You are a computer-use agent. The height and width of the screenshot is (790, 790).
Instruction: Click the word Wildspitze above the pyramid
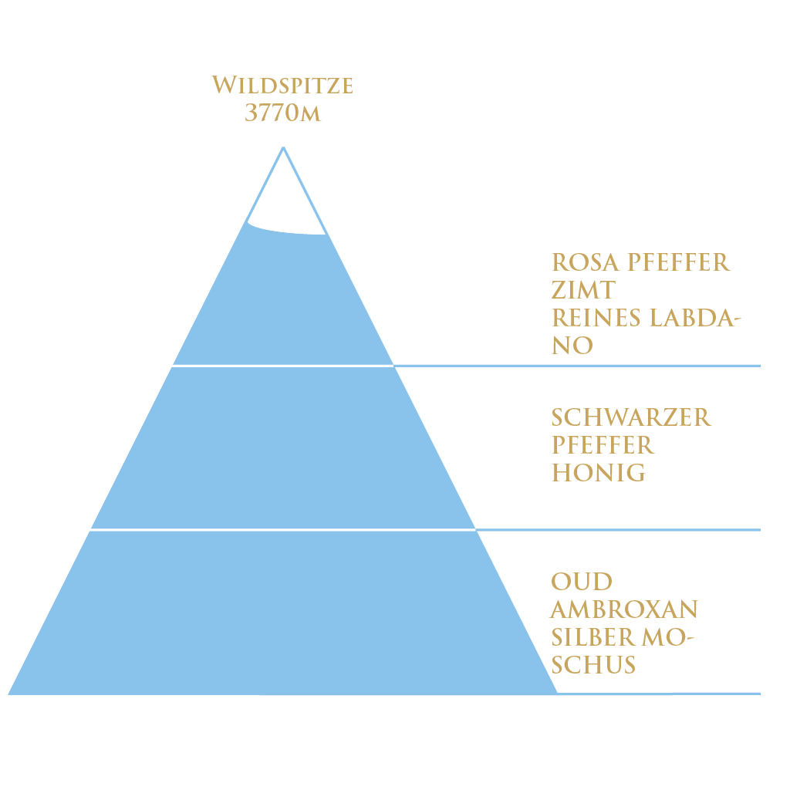[282, 85]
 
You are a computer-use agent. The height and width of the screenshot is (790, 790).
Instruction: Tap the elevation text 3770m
[282, 113]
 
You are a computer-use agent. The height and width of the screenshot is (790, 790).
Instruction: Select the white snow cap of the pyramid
[283, 201]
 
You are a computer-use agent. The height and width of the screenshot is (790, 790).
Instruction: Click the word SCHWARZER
[631, 417]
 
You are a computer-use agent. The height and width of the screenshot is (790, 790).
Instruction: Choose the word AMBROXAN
[624, 609]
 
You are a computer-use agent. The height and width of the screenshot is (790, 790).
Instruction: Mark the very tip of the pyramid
[283, 148]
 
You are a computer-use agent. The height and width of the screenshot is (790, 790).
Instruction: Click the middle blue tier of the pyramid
[283, 447]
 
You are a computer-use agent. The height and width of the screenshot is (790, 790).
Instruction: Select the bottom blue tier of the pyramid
[283, 613]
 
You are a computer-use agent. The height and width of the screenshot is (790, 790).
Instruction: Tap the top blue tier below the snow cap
[283, 301]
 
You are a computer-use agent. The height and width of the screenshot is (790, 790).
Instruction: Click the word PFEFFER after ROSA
[678, 262]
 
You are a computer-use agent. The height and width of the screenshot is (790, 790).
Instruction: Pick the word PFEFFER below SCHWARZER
[603, 445]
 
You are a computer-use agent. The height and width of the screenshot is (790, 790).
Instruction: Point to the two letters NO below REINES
[572, 346]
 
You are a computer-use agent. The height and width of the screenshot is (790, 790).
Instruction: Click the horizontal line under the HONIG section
[617, 530]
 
